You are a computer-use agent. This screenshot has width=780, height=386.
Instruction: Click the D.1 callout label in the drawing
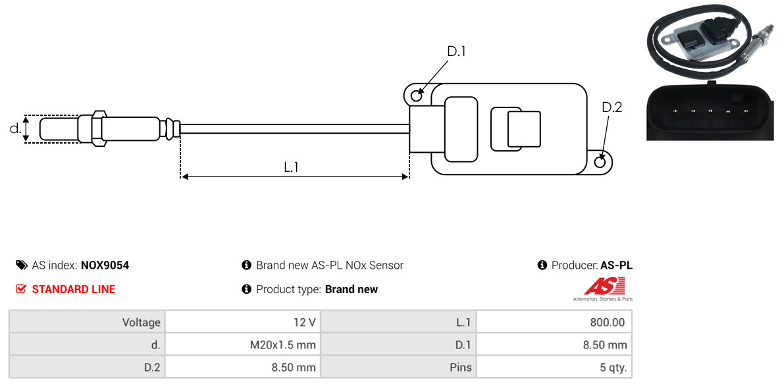pyautogui.click(x=456, y=51)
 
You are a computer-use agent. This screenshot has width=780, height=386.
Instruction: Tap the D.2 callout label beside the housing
pyautogui.click(x=611, y=107)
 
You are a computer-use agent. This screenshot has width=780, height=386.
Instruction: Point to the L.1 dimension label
pyautogui.click(x=292, y=167)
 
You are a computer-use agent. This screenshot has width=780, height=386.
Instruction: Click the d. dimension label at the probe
pyautogui.click(x=15, y=128)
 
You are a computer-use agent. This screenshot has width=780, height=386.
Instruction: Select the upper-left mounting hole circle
pyautogui.click(x=416, y=96)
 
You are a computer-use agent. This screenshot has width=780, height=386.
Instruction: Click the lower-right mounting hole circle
pyautogui.click(x=600, y=162)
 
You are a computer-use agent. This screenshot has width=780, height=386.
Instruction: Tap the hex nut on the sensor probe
pyautogui.click(x=97, y=128)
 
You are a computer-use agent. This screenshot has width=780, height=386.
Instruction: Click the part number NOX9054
pyautogui.click(x=105, y=265)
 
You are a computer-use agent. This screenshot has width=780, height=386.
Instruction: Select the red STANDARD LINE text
pyautogui.click(x=73, y=289)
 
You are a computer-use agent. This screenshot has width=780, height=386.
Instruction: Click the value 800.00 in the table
pyautogui.click(x=609, y=323)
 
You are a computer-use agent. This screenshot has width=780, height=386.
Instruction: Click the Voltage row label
pyautogui.click(x=141, y=323)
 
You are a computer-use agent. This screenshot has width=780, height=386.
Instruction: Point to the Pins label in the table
pyautogui.click(x=459, y=367)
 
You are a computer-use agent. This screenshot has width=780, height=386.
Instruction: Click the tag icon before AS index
pyautogui.click(x=21, y=265)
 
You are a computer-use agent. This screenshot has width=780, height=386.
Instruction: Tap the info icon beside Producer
pyautogui.click(x=542, y=265)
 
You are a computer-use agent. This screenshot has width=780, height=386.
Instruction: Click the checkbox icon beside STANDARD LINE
pyautogui.click(x=21, y=289)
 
